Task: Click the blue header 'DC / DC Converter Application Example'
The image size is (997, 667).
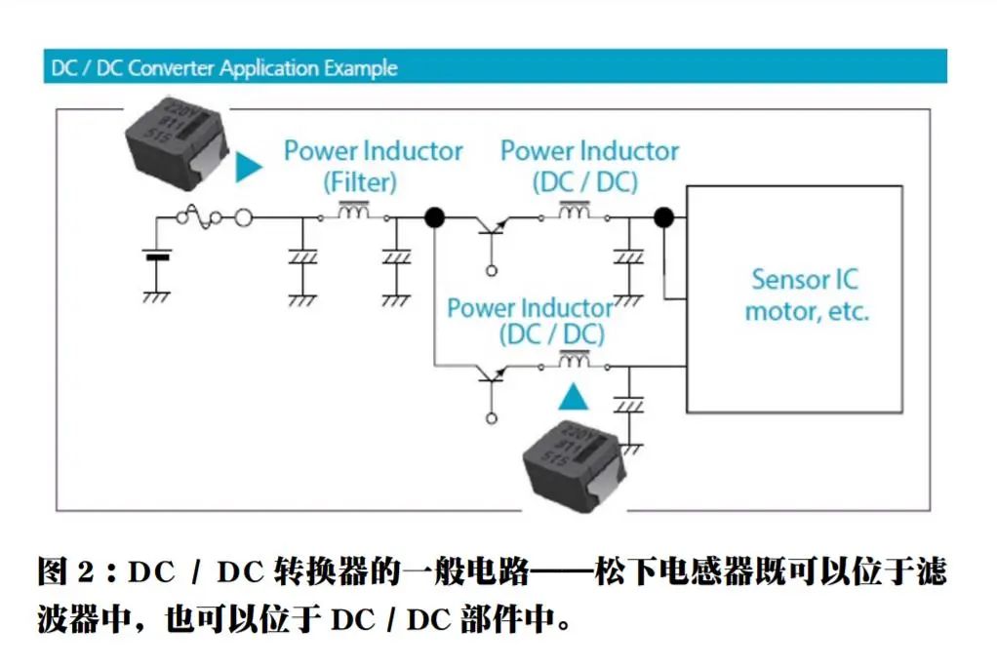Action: tap(224, 68)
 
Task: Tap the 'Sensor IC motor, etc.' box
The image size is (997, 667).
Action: tap(806, 296)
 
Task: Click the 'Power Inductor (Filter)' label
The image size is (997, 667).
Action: tap(373, 166)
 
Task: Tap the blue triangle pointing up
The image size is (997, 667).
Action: tap(574, 396)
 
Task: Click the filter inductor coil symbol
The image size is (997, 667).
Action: tap(353, 211)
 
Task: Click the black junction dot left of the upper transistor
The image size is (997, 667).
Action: tap(434, 217)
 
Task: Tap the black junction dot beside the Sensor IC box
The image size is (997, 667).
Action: tap(664, 217)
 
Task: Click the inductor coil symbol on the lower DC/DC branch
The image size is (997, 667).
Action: tap(573, 363)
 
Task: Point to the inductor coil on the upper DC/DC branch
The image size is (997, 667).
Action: tap(573, 211)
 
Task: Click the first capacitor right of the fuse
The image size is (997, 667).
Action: tap(303, 258)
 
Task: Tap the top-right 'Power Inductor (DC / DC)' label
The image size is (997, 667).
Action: tap(589, 166)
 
